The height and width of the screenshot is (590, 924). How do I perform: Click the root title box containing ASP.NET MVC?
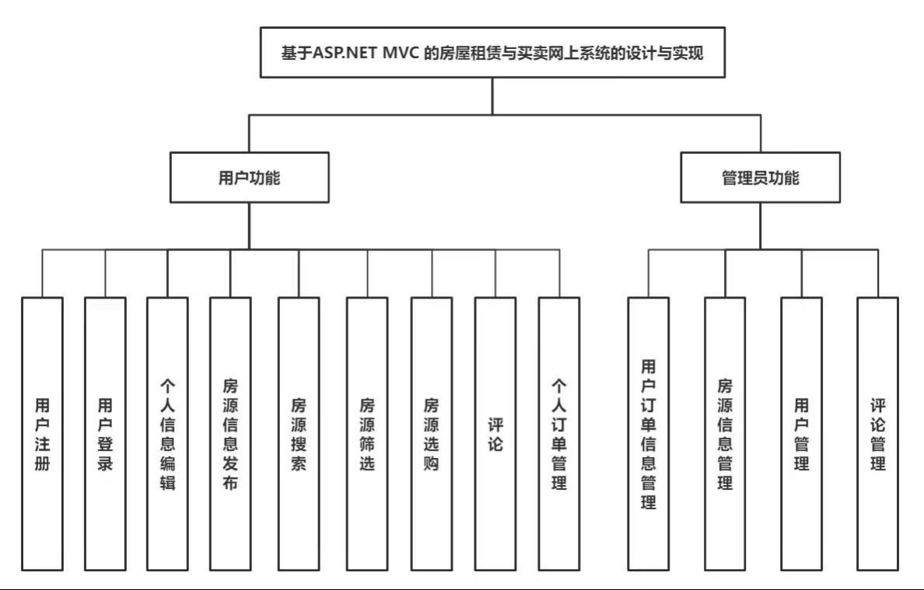tap(492, 52)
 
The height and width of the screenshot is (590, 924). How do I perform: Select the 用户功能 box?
tap(249, 177)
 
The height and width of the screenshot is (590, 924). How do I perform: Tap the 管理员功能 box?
tap(760, 177)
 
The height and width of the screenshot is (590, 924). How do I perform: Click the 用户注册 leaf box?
tap(43, 434)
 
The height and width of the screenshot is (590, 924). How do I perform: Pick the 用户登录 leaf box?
tap(106, 434)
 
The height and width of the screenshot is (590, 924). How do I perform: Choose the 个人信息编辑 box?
tap(168, 434)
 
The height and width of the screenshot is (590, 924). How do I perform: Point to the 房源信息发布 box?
tap(230, 434)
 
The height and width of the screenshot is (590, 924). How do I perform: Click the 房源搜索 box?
tap(299, 434)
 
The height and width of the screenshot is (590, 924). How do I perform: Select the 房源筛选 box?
tap(367, 434)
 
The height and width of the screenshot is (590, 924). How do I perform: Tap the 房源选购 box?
tap(432, 434)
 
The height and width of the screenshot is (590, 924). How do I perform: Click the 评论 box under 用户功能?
tap(495, 434)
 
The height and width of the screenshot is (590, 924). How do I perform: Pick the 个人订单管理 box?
tap(559, 434)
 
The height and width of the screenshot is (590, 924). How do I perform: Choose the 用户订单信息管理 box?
tap(649, 434)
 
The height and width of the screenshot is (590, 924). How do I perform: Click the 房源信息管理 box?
tap(726, 434)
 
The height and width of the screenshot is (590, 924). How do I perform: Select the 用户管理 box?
tap(801, 434)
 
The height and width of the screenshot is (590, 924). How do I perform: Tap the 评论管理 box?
tap(878, 434)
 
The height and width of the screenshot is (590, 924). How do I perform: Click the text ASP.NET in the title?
tap(344, 53)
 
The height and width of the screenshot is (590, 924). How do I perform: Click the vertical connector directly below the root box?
tap(492, 96)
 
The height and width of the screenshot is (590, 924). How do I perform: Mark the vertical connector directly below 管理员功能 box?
tap(760, 226)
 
